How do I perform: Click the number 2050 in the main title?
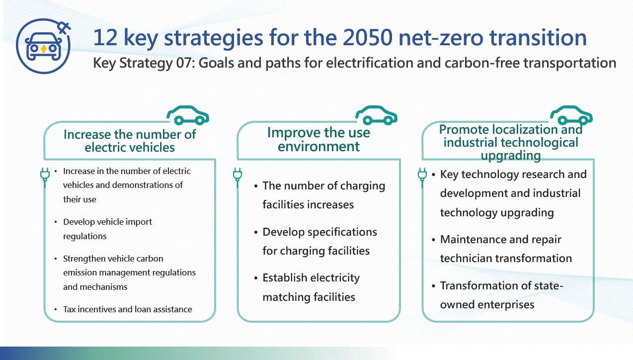click(368, 38)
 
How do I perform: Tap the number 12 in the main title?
click(105, 38)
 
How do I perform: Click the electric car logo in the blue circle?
click(43, 47)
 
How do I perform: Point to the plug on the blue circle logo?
click(64, 28)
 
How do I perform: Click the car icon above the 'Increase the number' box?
click(188, 115)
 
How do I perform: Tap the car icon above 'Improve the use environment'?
click(376, 115)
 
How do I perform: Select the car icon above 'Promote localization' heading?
click(571, 115)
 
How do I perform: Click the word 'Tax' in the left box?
click(69, 309)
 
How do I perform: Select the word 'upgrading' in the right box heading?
click(511, 156)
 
